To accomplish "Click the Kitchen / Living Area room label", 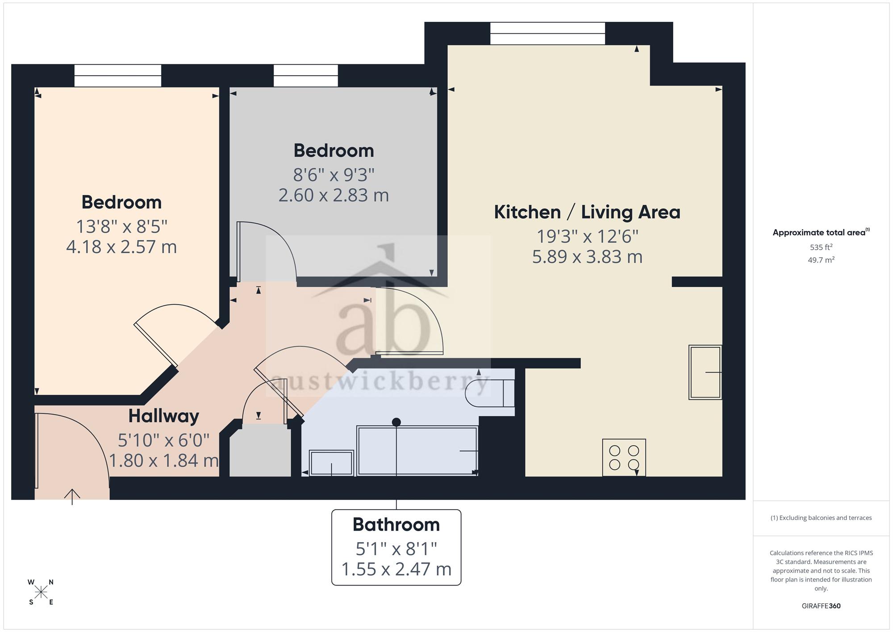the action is tap(587, 212).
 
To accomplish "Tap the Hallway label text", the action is tap(164, 416).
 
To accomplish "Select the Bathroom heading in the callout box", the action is tap(396, 524).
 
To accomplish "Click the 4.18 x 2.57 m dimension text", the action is tap(121, 247).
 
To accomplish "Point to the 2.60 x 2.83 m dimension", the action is tap(334, 195).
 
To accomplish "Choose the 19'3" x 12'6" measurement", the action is tap(587, 236).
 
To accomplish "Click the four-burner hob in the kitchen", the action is tap(624, 457).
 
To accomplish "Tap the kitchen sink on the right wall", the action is tap(705, 372).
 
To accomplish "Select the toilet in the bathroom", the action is tap(490, 393).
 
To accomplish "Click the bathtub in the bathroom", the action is tap(417, 451).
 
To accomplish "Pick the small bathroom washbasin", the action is tap(331, 463).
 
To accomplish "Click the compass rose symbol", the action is tap(41, 592).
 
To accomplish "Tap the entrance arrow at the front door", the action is tap(72, 497).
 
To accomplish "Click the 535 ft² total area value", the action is tap(821, 247).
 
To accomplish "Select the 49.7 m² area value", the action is tap(821, 259).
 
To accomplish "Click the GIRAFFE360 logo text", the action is tap(821, 606).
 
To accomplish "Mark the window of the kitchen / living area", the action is tap(547, 33).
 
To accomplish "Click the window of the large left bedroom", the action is tap(117, 75).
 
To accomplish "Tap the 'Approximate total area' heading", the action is tap(821, 232).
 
